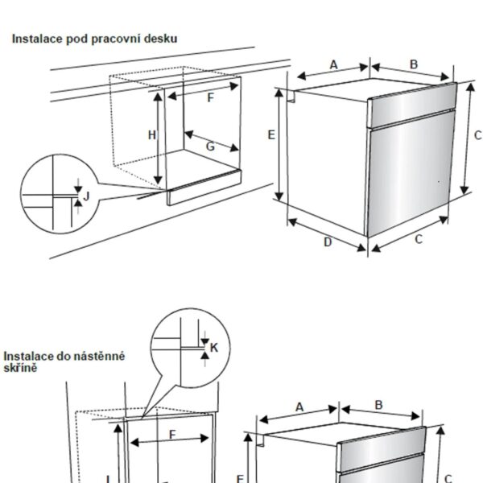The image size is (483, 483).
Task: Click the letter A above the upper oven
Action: click(332, 65)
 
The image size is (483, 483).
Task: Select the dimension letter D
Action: click(328, 242)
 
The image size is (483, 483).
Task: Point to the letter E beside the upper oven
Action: click(271, 134)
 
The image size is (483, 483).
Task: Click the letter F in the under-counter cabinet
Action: click(210, 98)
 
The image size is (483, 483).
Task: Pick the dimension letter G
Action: click(209, 146)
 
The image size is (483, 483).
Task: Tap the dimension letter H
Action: click(151, 135)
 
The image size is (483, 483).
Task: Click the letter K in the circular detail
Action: click(213, 347)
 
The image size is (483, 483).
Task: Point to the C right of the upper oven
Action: click(477, 135)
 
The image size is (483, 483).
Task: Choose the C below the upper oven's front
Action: click(419, 239)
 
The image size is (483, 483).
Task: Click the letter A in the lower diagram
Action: click(299, 407)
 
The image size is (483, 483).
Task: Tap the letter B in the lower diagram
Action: click(378, 405)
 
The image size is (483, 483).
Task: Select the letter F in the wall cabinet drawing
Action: click(171, 435)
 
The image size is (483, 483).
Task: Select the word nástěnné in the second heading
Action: click(101, 355)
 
